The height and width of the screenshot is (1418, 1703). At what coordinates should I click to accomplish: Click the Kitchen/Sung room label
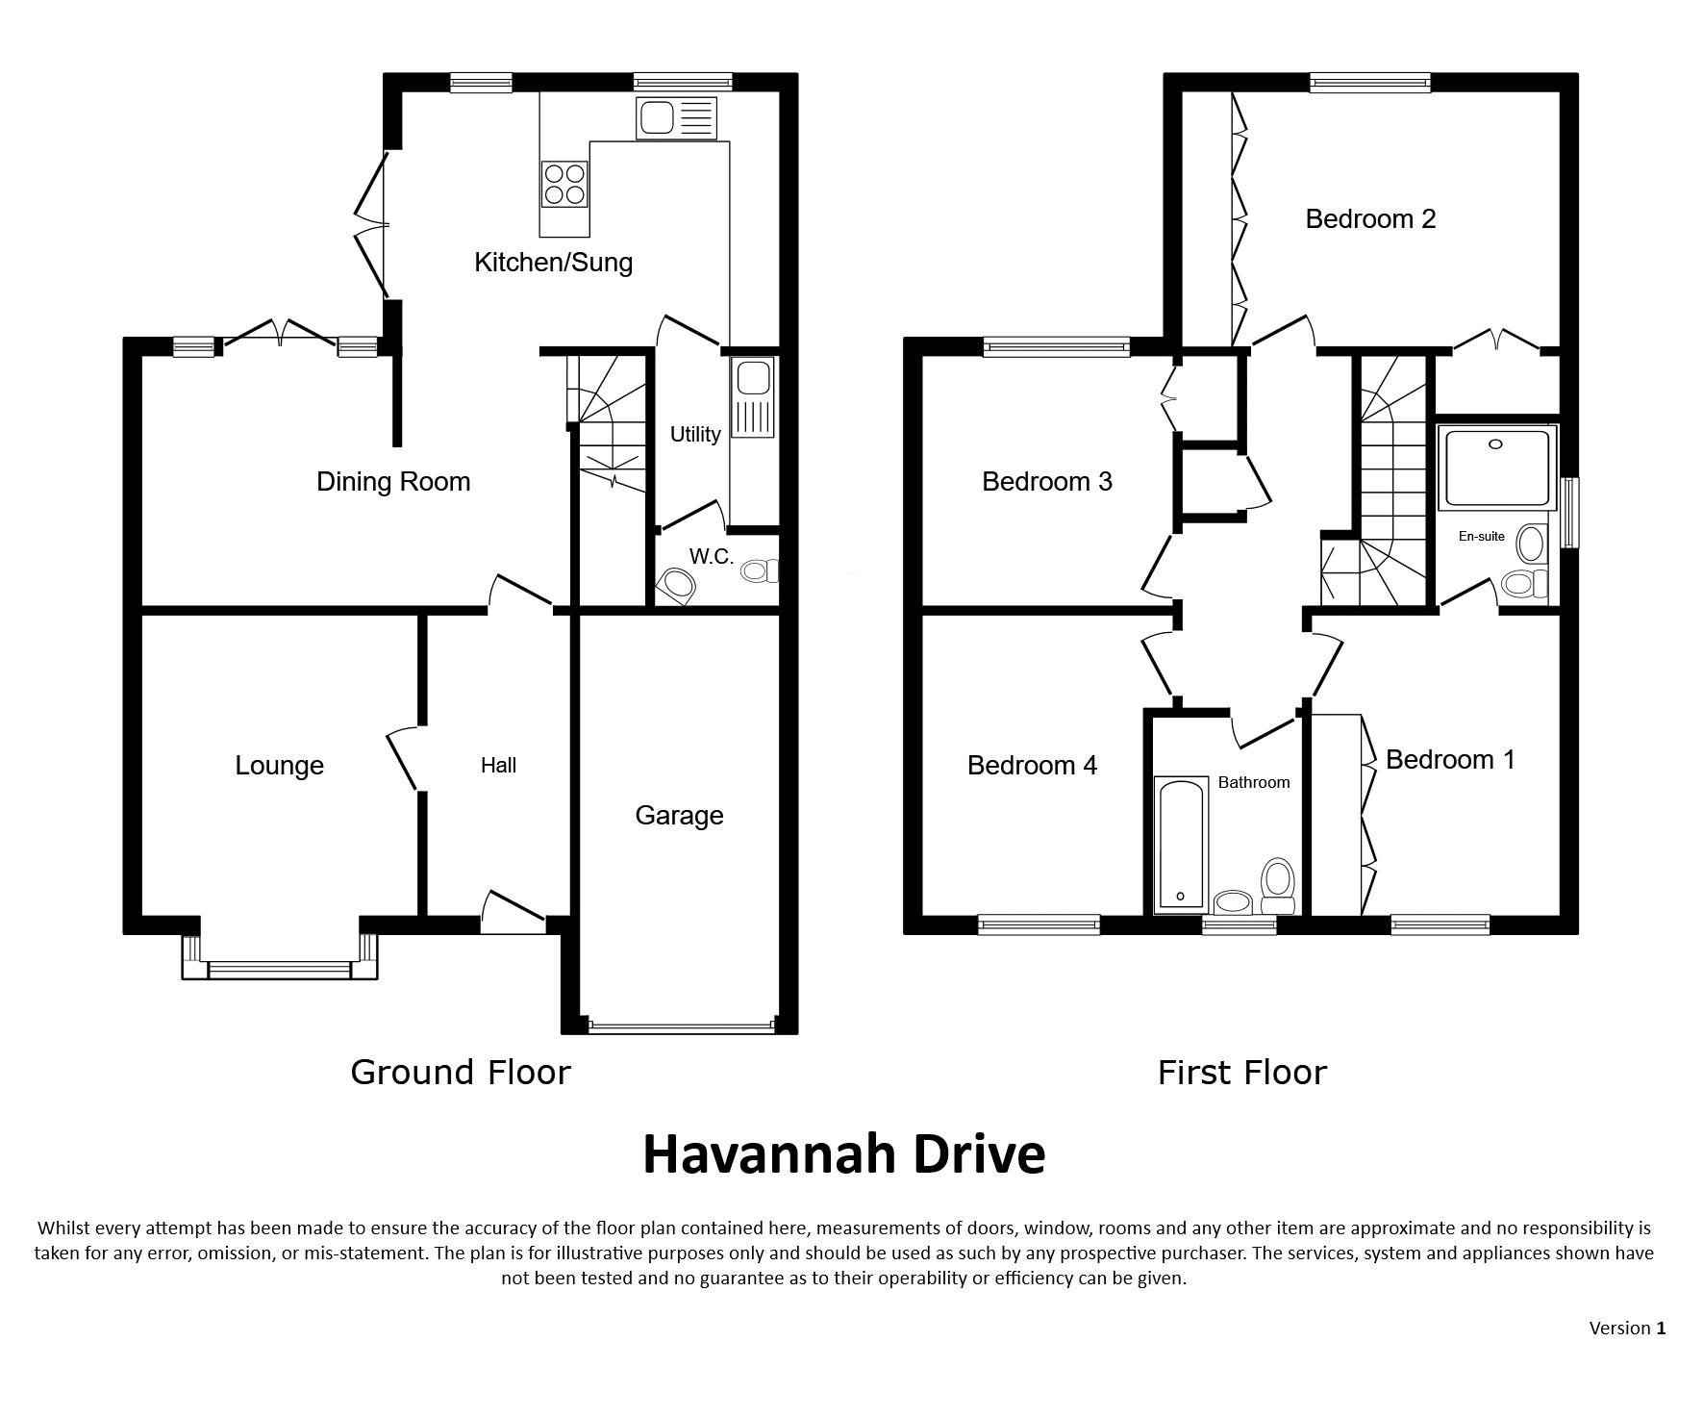tap(553, 263)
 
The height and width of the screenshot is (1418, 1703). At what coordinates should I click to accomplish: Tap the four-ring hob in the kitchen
tap(564, 184)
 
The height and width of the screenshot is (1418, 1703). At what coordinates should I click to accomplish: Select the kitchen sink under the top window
tap(676, 118)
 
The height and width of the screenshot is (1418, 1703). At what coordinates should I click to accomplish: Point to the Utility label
tap(695, 435)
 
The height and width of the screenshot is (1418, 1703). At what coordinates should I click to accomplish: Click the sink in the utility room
tap(752, 397)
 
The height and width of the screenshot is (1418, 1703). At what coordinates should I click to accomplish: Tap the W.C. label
tap(712, 556)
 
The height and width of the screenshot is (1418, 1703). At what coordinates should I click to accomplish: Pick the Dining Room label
tap(393, 481)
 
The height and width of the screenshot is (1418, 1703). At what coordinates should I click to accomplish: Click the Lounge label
tap(279, 766)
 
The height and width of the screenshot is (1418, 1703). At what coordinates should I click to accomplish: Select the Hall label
tap(498, 766)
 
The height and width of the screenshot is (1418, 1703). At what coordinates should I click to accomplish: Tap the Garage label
tap(679, 816)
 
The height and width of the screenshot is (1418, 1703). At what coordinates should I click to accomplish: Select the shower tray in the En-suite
tap(1496, 468)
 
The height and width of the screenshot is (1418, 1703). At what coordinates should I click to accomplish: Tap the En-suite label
tap(1481, 537)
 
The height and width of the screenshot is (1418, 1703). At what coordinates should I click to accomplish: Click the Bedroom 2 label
tap(1370, 219)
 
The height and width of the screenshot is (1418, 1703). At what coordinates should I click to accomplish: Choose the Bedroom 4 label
tap(1032, 766)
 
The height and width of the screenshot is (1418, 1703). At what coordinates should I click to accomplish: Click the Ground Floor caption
tap(461, 1073)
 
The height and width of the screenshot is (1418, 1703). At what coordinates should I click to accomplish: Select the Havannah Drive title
tap(843, 1154)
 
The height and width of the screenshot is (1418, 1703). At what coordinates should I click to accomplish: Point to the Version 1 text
tap(1627, 1329)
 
